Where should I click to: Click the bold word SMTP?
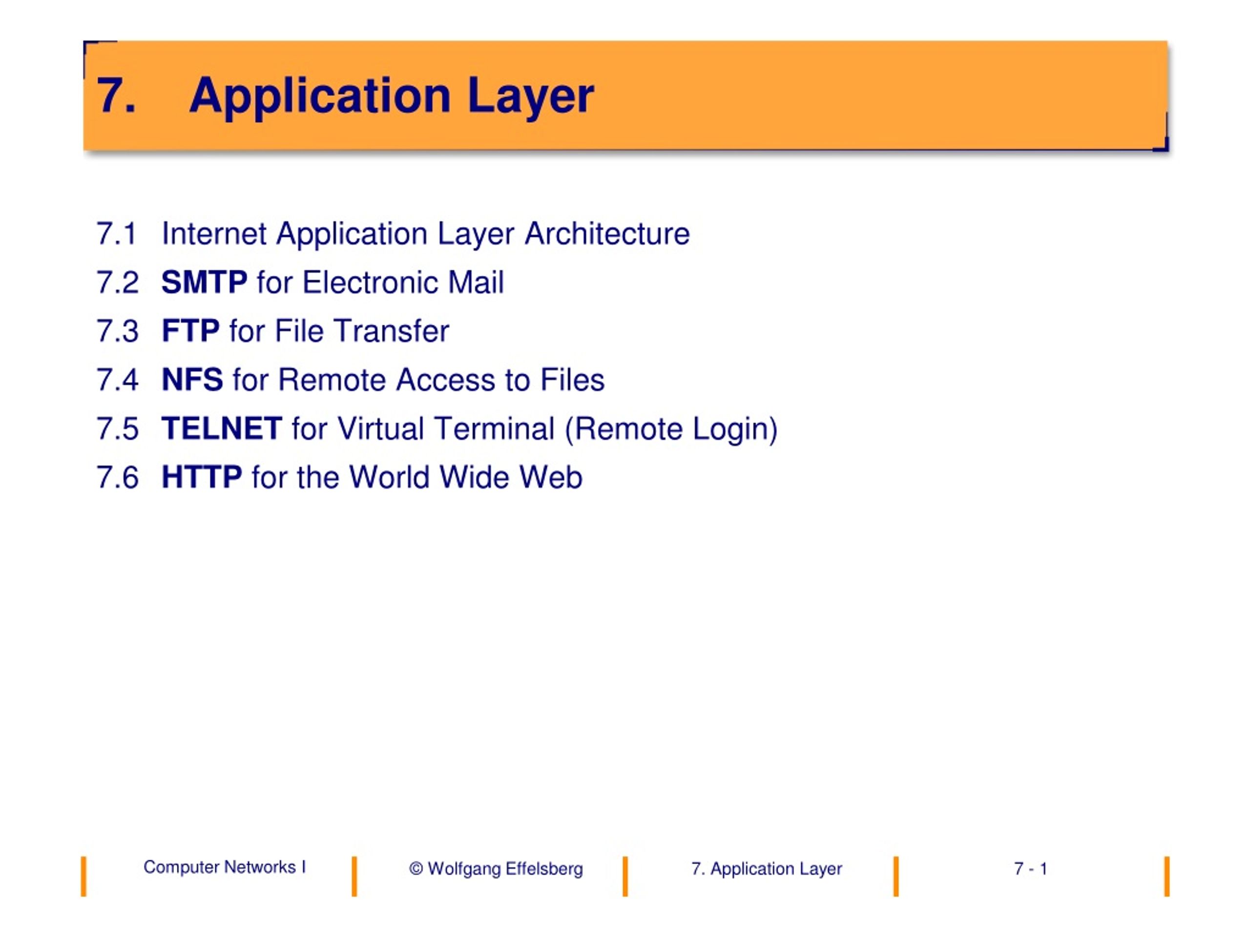point(204,282)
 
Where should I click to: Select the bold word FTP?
point(190,331)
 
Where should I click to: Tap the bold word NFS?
point(192,380)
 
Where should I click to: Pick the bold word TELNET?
point(222,428)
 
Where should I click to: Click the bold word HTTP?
point(202,477)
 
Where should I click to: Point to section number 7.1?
point(117,234)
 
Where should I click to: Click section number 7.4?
point(118,380)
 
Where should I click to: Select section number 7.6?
point(118,477)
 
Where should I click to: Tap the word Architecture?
point(607,234)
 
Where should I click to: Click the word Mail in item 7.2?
point(475,282)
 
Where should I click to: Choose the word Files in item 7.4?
point(572,380)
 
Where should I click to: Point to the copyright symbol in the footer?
point(416,869)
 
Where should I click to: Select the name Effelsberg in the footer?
point(544,869)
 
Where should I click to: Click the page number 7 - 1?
point(1031,869)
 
